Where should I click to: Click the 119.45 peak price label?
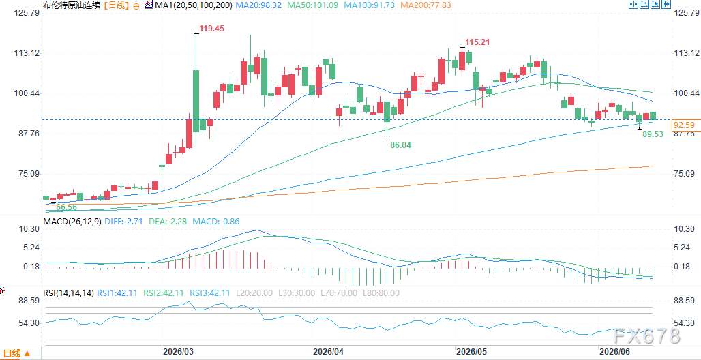coord(211,29)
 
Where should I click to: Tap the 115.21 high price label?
coord(477,42)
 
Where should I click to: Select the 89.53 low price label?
coord(653,134)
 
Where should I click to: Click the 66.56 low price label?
coord(67,207)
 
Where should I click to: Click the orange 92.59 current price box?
coord(683,125)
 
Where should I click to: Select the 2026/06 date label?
coord(615,352)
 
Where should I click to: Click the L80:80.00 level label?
coord(381,293)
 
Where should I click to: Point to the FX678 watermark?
coord(646,336)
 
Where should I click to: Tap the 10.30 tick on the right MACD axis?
coord(684,229)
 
